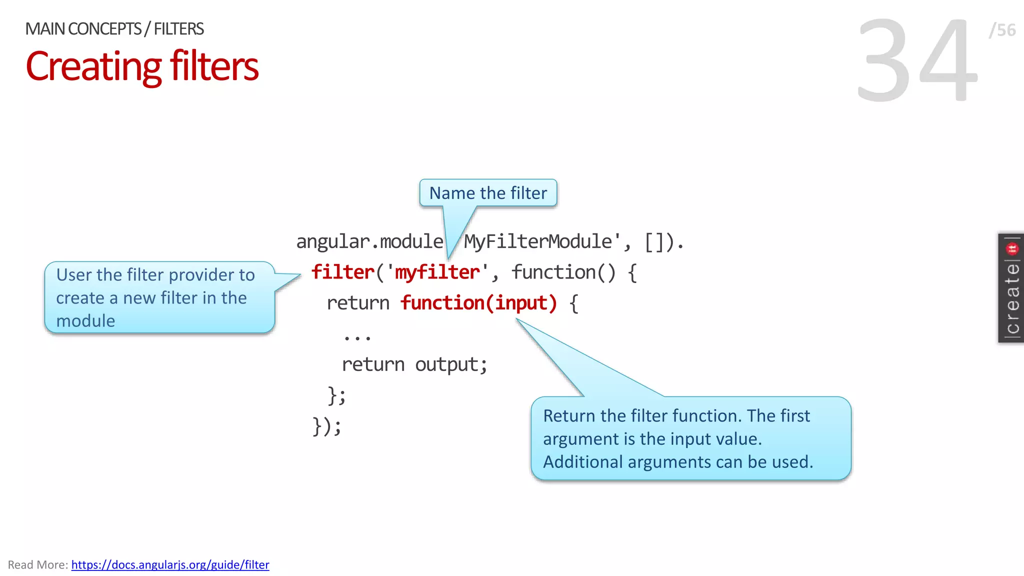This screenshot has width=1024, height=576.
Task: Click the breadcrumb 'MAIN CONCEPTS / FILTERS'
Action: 114,29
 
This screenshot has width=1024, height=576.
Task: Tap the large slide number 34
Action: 917,60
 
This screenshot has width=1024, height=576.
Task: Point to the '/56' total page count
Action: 1002,30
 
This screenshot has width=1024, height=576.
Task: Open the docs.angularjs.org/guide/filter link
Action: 170,564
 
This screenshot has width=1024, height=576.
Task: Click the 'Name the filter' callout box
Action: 488,193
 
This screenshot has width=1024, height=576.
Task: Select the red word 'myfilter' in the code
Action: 437,272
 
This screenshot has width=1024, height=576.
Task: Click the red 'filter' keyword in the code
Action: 342,272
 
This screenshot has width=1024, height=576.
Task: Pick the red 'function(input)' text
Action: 478,303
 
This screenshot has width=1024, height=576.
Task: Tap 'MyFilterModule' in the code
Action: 538,242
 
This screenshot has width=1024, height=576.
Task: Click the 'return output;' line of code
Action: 414,364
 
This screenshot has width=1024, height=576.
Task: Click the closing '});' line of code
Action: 327,426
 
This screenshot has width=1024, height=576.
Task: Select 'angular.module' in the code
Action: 369,242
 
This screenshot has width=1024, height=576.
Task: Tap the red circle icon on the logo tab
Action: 1012,248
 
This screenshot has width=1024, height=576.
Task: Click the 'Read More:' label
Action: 38,564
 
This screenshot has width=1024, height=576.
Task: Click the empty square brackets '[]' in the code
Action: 654,242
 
